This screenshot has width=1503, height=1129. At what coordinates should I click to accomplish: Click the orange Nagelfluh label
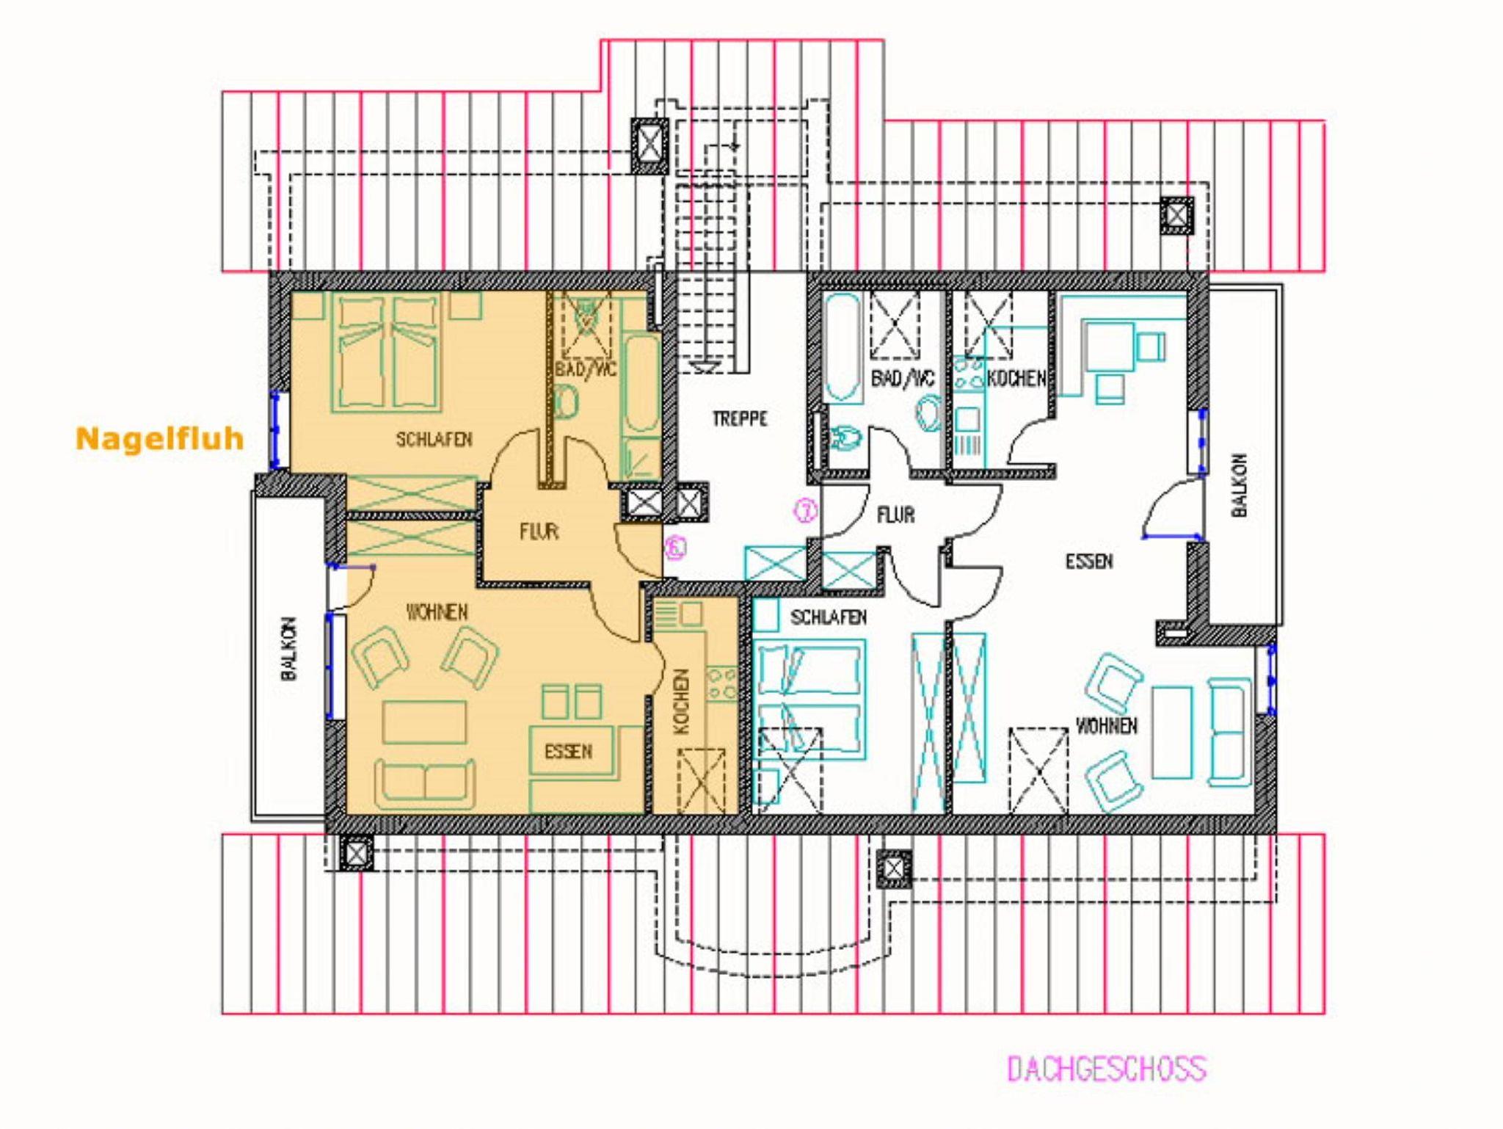click(159, 439)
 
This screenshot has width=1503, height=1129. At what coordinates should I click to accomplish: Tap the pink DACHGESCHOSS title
click(1106, 1069)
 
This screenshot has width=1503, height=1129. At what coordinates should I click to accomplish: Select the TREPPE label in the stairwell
click(740, 418)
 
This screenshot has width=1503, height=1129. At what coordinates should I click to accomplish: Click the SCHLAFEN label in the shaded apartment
click(434, 440)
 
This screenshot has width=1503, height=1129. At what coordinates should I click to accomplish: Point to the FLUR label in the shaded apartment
click(539, 531)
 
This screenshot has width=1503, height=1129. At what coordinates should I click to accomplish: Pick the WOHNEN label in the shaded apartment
click(437, 611)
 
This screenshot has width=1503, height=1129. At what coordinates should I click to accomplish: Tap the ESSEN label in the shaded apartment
click(568, 752)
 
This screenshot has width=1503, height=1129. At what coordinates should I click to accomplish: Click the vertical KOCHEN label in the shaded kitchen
click(681, 702)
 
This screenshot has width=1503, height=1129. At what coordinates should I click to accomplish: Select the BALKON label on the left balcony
click(289, 649)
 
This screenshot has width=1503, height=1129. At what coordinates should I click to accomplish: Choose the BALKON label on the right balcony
click(1240, 485)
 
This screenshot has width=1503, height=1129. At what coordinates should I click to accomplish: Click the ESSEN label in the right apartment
click(1089, 562)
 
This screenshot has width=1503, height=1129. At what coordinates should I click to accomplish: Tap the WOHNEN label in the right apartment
click(1107, 726)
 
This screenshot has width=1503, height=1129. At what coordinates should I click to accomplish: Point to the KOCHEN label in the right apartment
click(1016, 378)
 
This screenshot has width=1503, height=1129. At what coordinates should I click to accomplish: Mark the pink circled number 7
click(806, 511)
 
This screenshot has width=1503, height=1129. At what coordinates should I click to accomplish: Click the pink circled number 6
click(675, 547)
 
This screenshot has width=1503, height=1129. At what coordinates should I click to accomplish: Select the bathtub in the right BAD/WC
click(843, 349)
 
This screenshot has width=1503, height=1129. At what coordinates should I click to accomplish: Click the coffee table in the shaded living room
click(424, 723)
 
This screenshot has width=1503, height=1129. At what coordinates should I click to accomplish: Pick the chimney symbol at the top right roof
click(1176, 216)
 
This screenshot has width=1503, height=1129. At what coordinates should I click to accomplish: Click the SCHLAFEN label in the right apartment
click(829, 617)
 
